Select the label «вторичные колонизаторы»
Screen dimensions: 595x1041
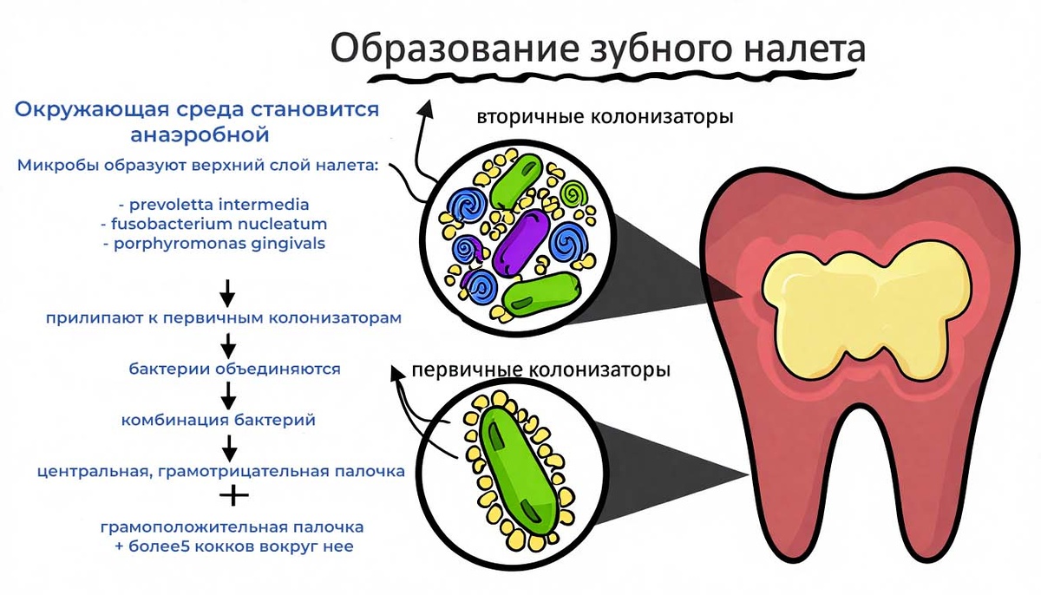(x=605, y=115)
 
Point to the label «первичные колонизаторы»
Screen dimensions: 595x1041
(x=540, y=370)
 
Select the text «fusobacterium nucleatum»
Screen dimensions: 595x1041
(x=214, y=224)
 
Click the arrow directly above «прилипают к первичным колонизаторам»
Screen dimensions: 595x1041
(x=227, y=291)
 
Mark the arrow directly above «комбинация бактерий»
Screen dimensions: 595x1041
(x=229, y=396)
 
